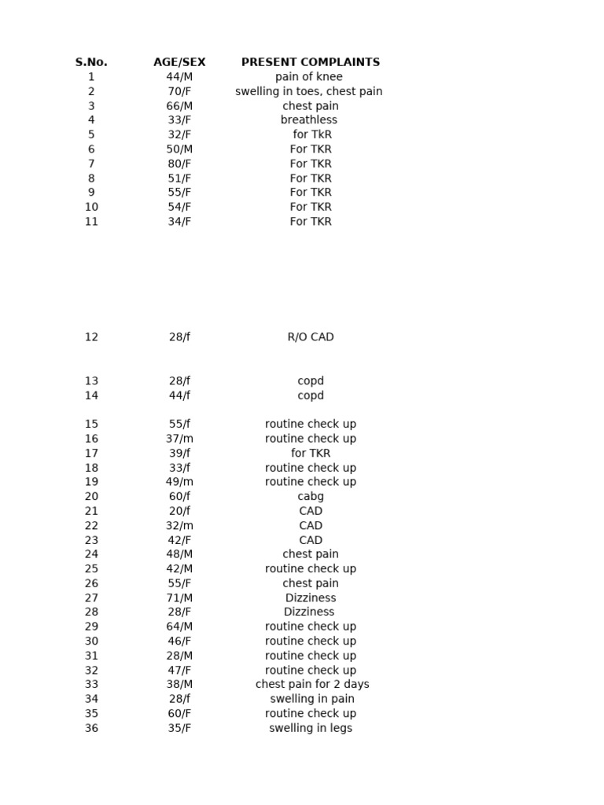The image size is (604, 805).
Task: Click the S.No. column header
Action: [91, 62]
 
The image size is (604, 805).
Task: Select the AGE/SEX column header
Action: [179, 62]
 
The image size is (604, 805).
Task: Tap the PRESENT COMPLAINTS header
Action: [311, 62]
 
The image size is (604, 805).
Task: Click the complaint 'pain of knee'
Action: [309, 77]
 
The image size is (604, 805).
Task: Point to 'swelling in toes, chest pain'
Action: [309, 91]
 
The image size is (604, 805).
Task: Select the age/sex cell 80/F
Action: [179, 164]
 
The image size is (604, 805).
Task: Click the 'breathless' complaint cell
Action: [309, 120]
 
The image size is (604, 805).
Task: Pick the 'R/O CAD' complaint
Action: [311, 337]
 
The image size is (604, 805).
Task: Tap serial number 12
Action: [91, 337]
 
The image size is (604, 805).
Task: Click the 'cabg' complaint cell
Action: [311, 497]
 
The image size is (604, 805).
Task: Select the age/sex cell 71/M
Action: [179, 598]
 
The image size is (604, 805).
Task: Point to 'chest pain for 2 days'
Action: [312, 685]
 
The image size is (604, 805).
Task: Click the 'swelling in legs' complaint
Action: [311, 728]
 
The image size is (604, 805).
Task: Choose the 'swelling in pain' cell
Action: [312, 699]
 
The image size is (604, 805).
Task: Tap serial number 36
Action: [91, 728]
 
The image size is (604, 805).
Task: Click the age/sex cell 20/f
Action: [179, 511]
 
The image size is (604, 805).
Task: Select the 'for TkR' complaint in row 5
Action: [311, 134]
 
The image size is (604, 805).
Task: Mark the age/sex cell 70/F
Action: [179, 91]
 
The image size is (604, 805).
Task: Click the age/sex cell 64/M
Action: [179, 627]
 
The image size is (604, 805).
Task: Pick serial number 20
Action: [91, 497]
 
